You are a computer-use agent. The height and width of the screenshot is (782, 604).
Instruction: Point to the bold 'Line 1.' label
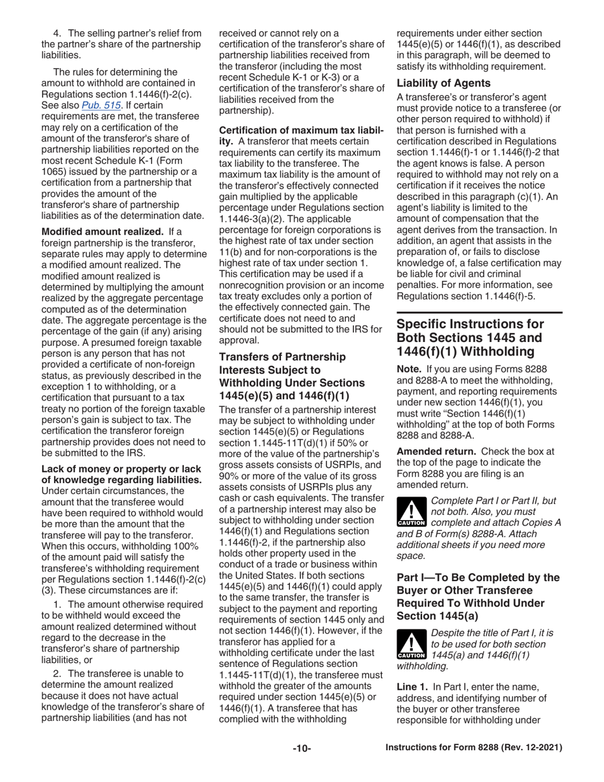(414, 705)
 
